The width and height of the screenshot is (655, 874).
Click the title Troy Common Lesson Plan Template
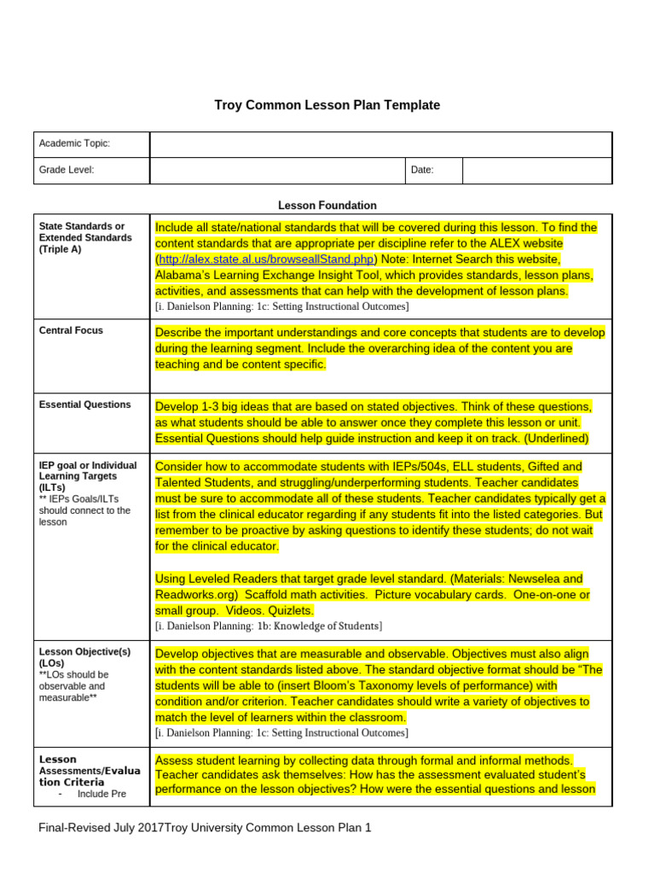[327, 105]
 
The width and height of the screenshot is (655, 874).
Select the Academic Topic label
[74, 144]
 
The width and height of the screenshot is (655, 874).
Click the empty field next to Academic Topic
[380, 144]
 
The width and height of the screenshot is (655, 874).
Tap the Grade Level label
[67, 170]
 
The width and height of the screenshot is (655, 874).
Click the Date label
[422, 170]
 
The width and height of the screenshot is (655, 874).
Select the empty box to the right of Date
[536, 170]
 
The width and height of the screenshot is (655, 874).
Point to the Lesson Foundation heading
[327, 206]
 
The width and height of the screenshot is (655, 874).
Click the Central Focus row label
[71, 330]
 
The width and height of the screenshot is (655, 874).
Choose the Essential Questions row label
[84, 405]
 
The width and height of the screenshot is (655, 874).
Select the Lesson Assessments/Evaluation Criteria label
[89, 770]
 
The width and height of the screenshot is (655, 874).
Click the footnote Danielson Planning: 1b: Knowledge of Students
[269, 626]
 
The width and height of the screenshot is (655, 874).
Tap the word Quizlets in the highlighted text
[292, 610]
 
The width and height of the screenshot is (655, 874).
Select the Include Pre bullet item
[101, 794]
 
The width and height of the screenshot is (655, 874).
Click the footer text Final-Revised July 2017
[101, 827]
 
